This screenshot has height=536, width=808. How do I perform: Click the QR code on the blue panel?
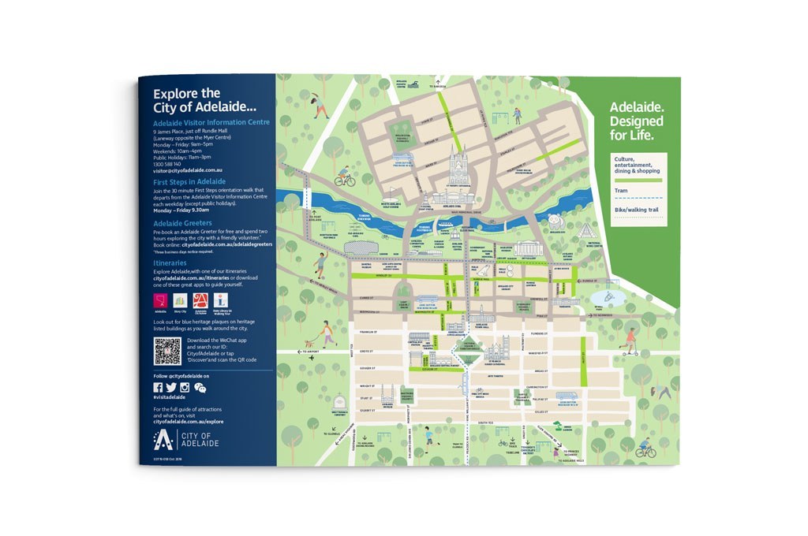167,351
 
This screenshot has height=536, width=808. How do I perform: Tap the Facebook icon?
158,387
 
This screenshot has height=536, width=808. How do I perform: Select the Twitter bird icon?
171,387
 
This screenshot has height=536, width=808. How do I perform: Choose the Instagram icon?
185,387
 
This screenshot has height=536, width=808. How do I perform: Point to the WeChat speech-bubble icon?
199,387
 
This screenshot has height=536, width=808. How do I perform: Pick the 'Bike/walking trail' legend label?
635,210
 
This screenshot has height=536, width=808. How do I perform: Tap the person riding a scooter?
630,341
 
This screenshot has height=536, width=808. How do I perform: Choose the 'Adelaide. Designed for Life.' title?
637,123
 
